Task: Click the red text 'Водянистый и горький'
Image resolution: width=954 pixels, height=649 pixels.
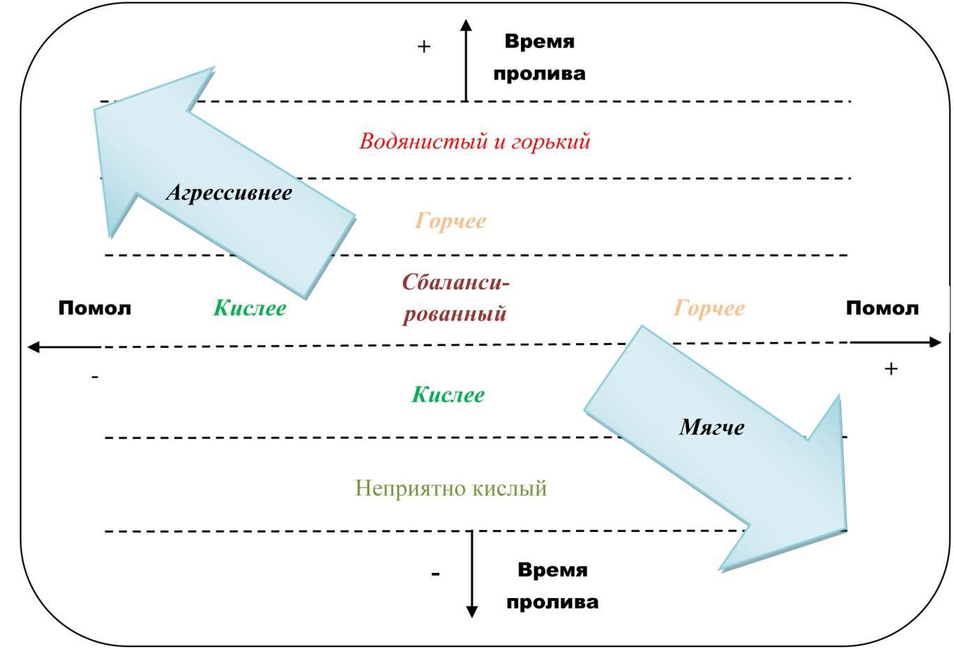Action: [x=474, y=142]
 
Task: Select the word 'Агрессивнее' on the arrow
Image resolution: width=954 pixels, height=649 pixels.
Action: [x=229, y=193]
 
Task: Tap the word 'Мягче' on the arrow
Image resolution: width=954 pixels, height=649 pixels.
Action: [x=712, y=427]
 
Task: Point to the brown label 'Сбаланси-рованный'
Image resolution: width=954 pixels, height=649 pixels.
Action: [x=455, y=298]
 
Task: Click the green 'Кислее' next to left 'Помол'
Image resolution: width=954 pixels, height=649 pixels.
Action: [x=250, y=308]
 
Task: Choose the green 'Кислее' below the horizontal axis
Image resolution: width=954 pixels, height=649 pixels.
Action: [x=448, y=395]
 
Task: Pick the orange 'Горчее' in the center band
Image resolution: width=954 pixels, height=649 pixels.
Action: [x=450, y=221]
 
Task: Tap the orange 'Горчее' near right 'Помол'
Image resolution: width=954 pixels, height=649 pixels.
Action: [x=709, y=308]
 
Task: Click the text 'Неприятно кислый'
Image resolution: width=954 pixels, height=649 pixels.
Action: [x=450, y=488]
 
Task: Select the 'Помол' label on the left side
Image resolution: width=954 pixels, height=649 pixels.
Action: [x=95, y=308]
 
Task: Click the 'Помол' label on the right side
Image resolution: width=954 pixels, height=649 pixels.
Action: [x=882, y=308]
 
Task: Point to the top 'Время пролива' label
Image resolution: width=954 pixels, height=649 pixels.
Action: [x=540, y=57]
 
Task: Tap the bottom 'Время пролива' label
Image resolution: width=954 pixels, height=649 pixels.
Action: [x=552, y=586]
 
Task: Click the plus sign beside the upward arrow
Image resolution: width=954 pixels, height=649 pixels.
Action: [x=424, y=47]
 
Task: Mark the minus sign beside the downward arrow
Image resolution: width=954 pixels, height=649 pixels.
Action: [x=435, y=574]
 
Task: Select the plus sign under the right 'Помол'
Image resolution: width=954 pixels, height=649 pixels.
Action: [x=891, y=369]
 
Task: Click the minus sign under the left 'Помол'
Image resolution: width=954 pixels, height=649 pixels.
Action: [x=95, y=377]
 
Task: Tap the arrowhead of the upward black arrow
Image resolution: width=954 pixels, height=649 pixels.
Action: [x=466, y=24]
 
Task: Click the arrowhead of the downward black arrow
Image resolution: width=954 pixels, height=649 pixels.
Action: [x=471, y=611]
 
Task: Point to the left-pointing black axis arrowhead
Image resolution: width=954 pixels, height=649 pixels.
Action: [x=33, y=347]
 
